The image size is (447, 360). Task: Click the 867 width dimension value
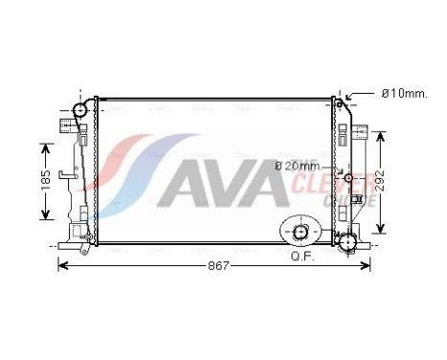point(219,265)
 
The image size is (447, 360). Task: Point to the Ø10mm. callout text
point(403,93)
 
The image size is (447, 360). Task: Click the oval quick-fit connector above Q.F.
point(301,231)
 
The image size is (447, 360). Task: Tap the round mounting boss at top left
point(79,110)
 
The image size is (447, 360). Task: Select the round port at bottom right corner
point(348,240)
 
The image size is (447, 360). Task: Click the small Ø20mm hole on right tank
point(349,179)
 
